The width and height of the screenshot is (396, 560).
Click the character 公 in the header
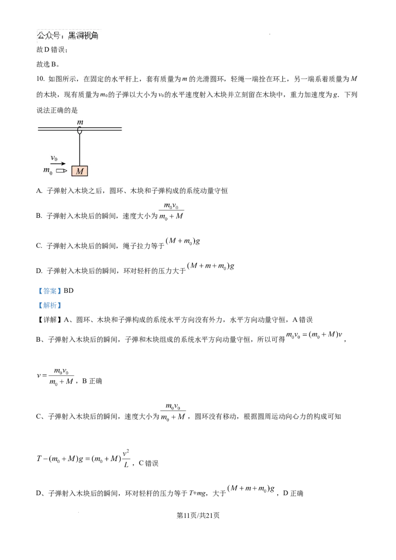(x=41, y=36)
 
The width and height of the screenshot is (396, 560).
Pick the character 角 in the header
(x=98, y=36)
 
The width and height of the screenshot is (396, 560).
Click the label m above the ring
(x=80, y=122)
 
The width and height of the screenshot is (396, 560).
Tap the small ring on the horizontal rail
(x=80, y=130)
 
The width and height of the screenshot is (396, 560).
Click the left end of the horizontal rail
(x=38, y=129)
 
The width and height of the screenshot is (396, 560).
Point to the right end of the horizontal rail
(x=121, y=129)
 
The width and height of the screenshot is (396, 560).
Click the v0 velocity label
(x=55, y=158)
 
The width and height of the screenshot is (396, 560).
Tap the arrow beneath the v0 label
(x=57, y=164)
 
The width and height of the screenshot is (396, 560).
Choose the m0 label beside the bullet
(x=48, y=171)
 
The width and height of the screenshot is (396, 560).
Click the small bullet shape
(x=61, y=171)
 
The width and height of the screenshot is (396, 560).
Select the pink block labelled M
(x=80, y=171)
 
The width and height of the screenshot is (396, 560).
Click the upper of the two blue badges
(x=49, y=291)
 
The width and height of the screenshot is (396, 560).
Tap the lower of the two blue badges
(x=49, y=305)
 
